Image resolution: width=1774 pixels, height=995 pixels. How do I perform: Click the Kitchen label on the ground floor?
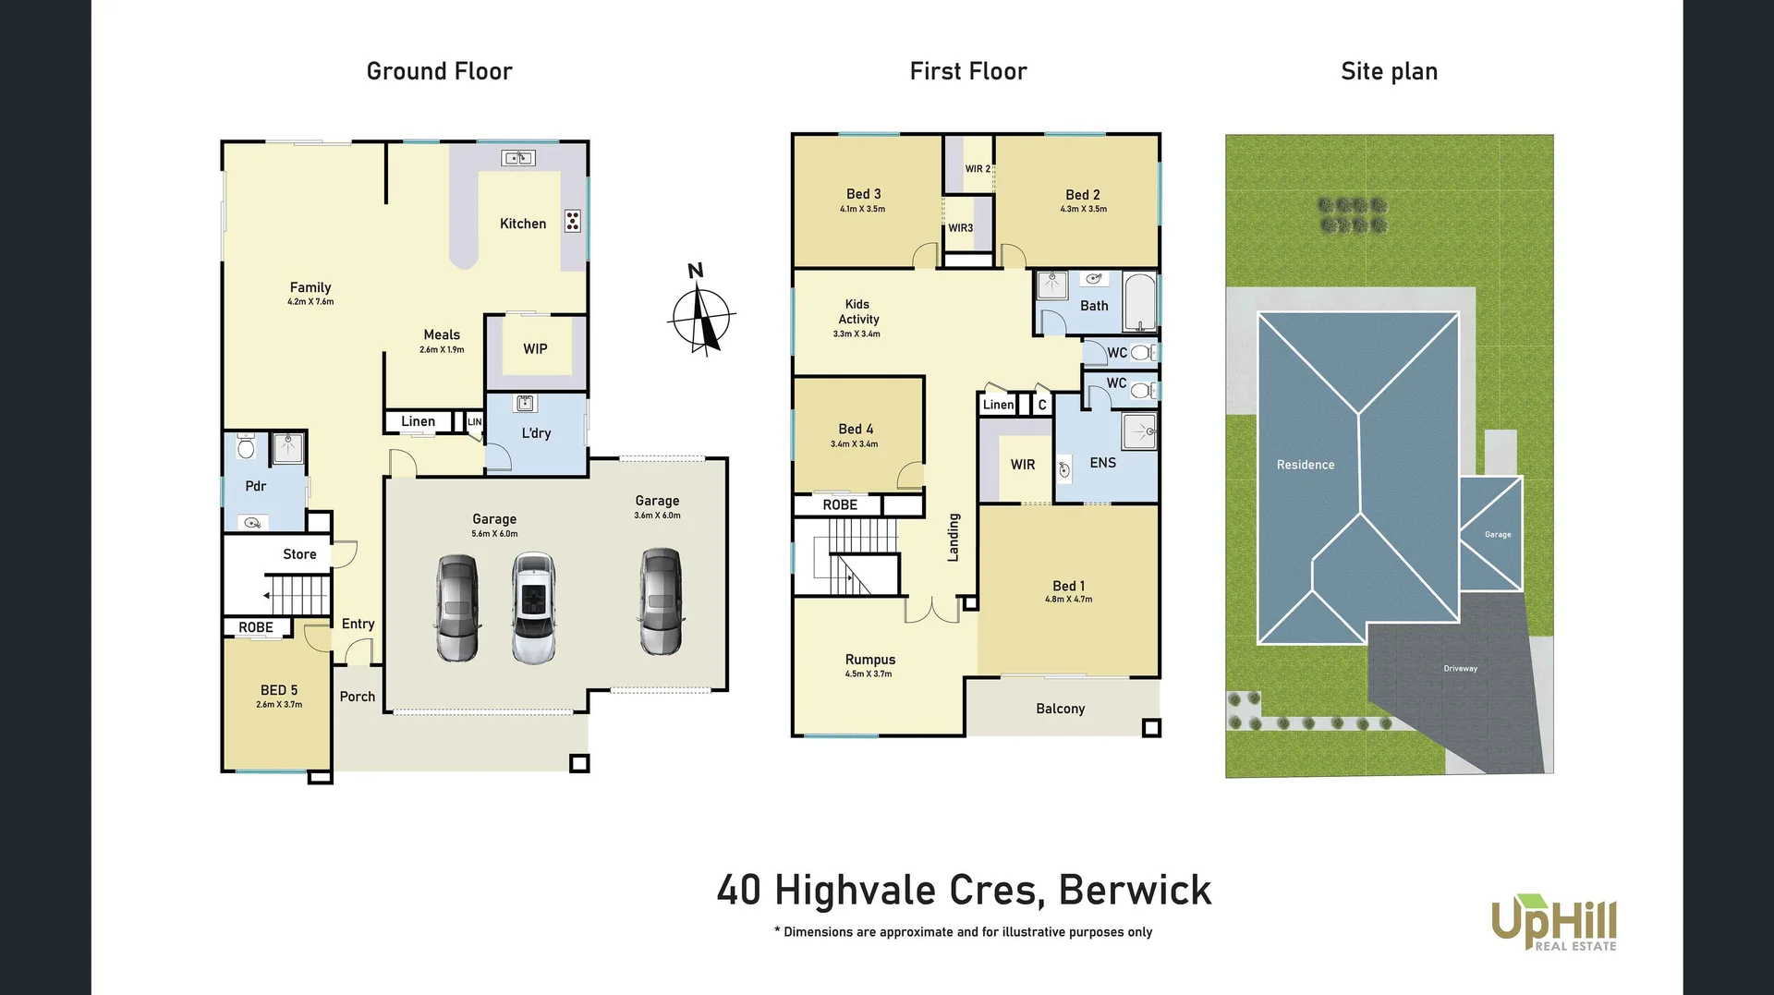(x=522, y=224)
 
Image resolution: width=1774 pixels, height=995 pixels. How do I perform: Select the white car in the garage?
(x=533, y=607)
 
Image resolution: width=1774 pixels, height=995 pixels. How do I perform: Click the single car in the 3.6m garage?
(x=660, y=601)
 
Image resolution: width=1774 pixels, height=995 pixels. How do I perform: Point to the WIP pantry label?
(x=535, y=349)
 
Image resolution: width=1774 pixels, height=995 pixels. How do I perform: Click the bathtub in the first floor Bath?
(x=1140, y=302)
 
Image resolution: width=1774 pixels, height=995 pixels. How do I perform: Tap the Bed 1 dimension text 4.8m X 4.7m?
(x=1068, y=600)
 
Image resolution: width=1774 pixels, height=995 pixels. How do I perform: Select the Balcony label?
(x=1060, y=709)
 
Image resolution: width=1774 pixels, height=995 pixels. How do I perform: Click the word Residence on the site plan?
(x=1305, y=465)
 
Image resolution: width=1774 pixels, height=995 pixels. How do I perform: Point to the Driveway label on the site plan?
(x=1460, y=668)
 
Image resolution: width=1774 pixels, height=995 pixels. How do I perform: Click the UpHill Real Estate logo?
(x=1554, y=922)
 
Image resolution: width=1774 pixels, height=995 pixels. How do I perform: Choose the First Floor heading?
(x=967, y=71)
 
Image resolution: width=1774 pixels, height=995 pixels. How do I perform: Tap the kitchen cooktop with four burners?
(x=573, y=221)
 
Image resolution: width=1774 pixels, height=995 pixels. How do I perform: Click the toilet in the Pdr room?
(x=246, y=447)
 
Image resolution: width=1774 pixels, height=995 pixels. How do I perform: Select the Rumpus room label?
(x=869, y=660)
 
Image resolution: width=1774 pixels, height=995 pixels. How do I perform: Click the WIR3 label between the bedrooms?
(x=960, y=228)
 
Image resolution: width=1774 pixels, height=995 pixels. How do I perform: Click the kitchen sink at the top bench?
(x=517, y=158)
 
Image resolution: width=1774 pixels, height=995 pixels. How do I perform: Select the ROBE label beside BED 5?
(x=256, y=627)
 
